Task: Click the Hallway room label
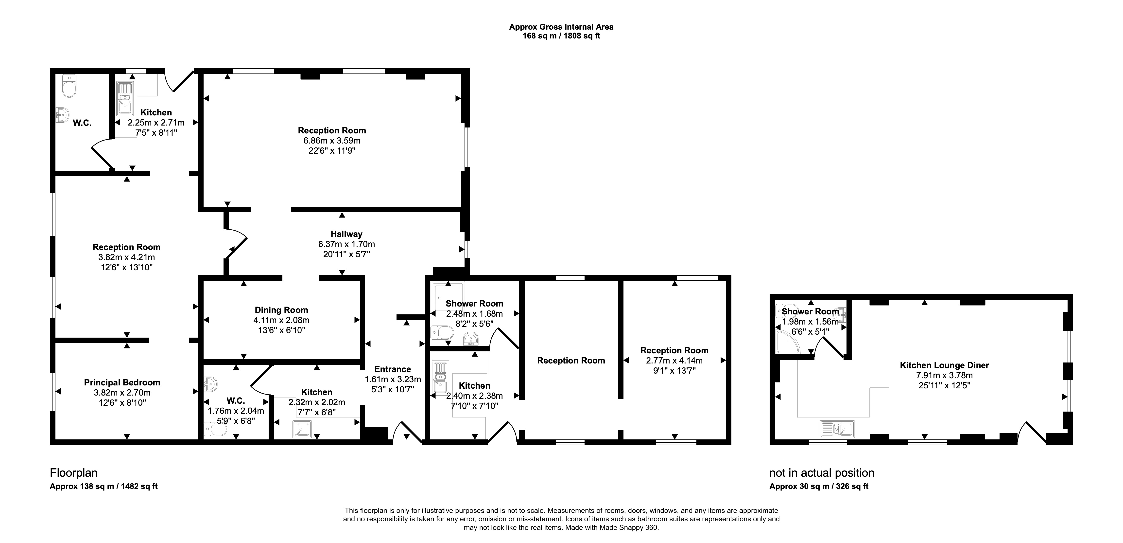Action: [x=346, y=234]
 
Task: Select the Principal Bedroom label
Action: [x=122, y=382]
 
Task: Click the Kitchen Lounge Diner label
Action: [x=944, y=365]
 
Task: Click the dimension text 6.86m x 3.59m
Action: [x=332, y=141]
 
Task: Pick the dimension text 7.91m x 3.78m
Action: [x=944, y=376]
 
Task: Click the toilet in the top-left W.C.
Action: [x=69, y=86]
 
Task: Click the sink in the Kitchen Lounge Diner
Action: [x=837, y=429]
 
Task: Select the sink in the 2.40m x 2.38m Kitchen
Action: [x=440, y=377]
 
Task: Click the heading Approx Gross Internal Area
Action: [x=561, y=27]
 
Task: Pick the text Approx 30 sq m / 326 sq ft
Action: [x=819, y=486]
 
